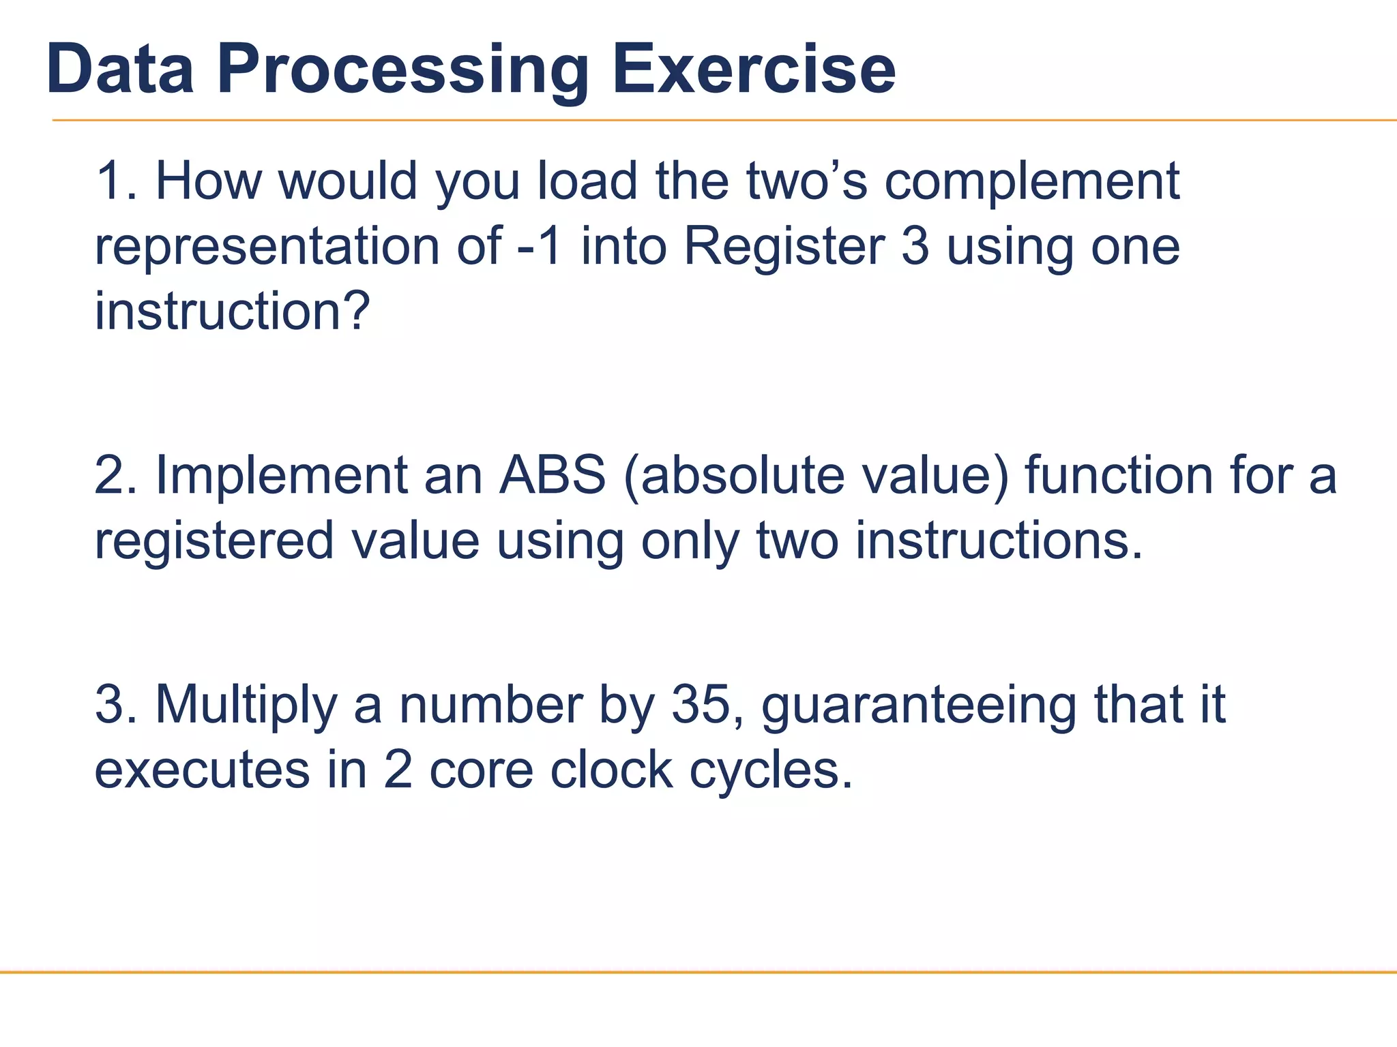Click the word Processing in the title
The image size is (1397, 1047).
pyautogui.click(x=402, y=71)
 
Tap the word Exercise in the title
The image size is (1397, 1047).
pyautogui.click(x=753, y=70)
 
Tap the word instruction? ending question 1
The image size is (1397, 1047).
pyautogui.click(x=232, y=312)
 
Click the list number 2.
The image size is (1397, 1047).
pyautogui.click(x=111, y=475)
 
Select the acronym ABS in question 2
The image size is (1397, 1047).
pyautogui.click(x=553, y=475)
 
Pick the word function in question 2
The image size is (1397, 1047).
pyautogui.click(x=1119, y=475)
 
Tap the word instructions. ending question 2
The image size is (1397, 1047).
pyautogui.click(x=998, y=541)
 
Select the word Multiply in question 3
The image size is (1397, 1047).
pyautogui.click(x=246, y=706)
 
